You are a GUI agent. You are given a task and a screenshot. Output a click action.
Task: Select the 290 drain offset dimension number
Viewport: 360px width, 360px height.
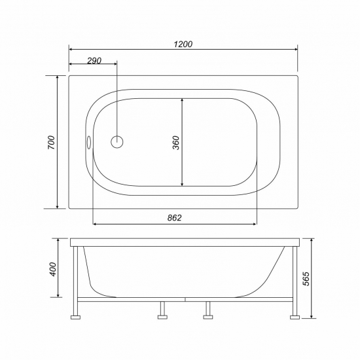click(93, 60)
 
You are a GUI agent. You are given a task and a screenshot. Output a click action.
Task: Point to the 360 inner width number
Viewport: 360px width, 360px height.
click(175, 142)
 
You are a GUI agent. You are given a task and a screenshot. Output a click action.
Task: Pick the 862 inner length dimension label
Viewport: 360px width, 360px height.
click(173, 217)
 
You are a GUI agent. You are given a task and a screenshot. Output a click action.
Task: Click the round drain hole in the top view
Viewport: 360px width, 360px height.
click(117, 141)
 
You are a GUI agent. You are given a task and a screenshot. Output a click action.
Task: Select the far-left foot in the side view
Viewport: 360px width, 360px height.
click(76, 316)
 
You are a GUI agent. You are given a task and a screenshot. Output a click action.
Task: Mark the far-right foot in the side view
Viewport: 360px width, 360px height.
click(295, 316)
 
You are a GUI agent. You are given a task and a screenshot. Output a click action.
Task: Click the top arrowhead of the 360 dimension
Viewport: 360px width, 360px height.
click(181, 100)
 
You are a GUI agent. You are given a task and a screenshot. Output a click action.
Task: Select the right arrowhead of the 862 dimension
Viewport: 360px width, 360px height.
click(255, 224)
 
